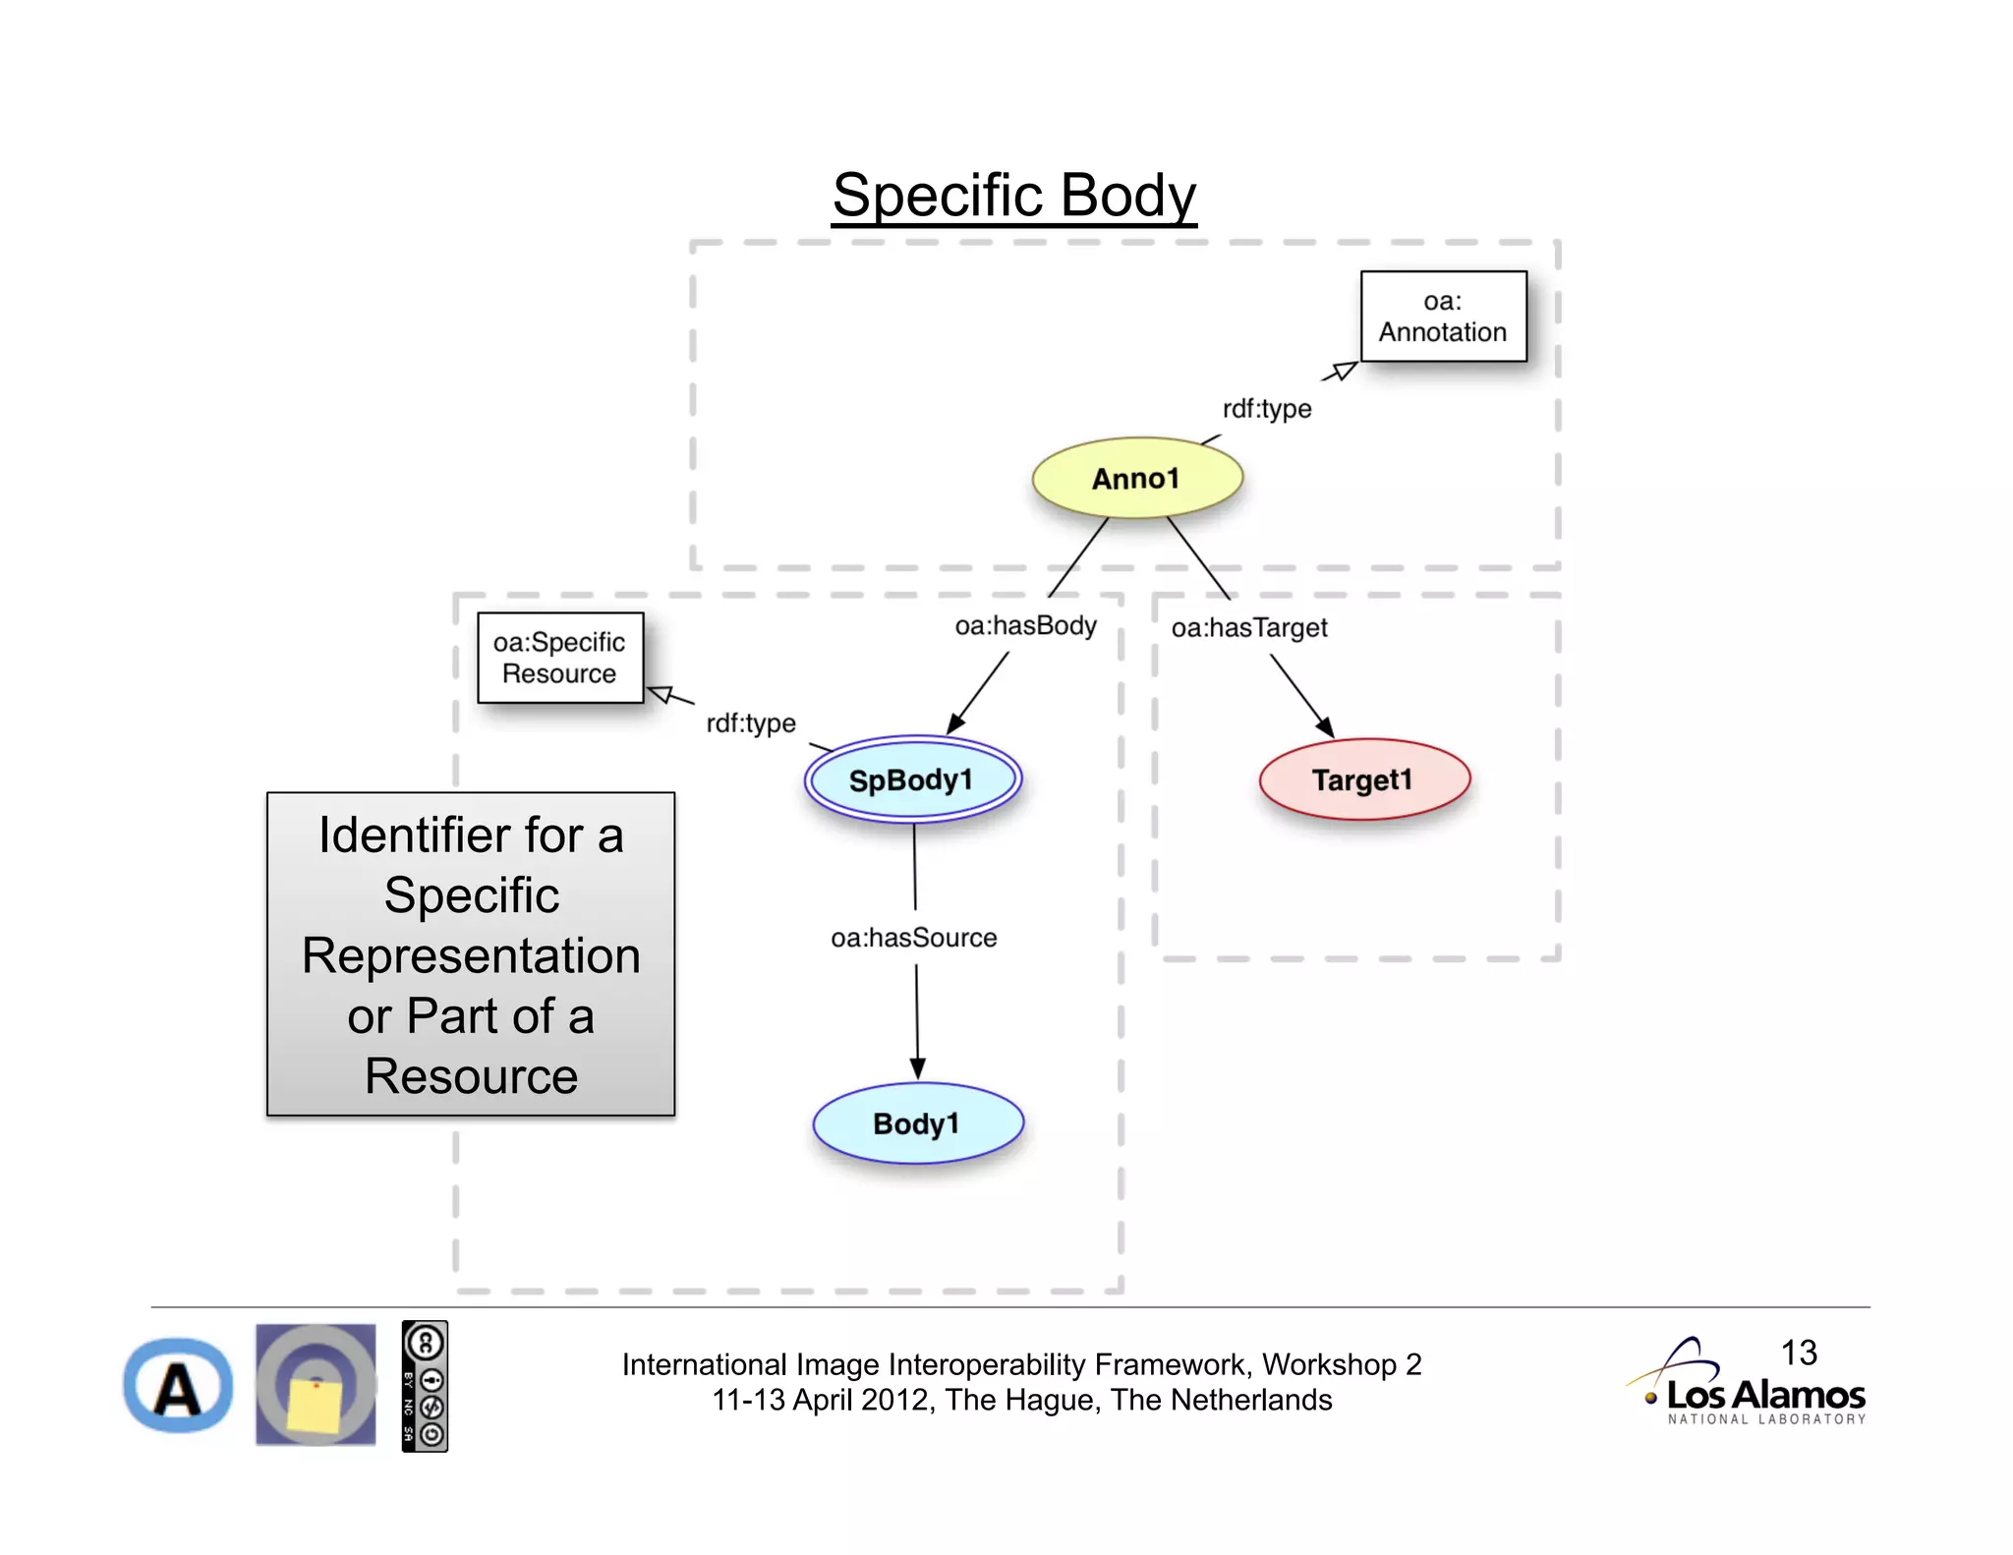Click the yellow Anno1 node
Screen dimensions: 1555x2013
coord(1137,479)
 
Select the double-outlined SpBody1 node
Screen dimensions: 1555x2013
coord(912,780)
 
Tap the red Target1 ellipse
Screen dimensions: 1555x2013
coord(1364,780)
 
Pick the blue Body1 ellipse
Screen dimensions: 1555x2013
coord(917,1123)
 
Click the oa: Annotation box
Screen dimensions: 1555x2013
coord(1443,317)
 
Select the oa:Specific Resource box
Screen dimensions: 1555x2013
coord(559,658)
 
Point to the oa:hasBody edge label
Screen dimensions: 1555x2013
coord(1025,626)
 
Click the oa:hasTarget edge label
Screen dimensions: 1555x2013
coord(1248,628)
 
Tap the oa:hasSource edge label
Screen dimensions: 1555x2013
coord(913,939)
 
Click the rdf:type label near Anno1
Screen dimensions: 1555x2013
coord(1266,409)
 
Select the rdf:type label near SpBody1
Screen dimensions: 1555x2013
coord(751,723)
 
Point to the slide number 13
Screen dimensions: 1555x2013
coord(1799,1353)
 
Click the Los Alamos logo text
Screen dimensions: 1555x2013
coord(1765,1396)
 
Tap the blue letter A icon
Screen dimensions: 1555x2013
coord(178,1387)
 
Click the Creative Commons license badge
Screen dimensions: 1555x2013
coord(425,1386)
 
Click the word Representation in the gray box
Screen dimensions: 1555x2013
coord(471,956)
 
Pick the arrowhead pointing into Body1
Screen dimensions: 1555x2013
coord(917,1068)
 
